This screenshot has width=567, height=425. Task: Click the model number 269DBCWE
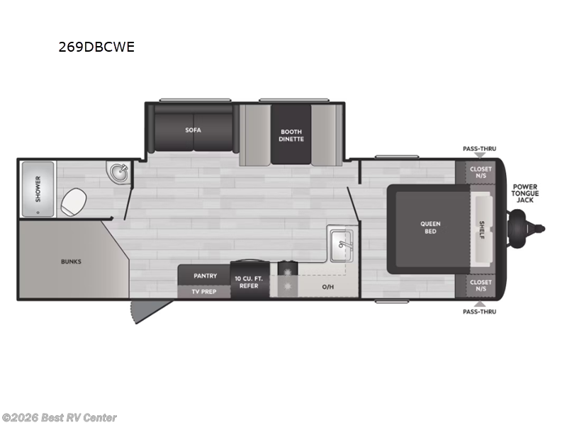click(x=96, y=48)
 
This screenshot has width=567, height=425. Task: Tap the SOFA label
click(x=193, y=130)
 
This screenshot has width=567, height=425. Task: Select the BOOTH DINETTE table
click(x=291, y=135)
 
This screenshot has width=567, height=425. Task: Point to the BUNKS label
click(x=71, y=261)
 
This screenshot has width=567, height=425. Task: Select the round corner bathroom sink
click(x=118, y=172)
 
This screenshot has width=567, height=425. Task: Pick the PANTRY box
click(x=203, y=275)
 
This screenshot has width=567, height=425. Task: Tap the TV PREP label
click(x=203, y=291)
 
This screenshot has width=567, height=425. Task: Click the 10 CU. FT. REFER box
click(x=249, y=282)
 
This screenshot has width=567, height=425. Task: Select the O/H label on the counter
click(x=327, y=287)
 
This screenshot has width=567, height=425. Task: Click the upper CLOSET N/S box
click(x=481, y=172)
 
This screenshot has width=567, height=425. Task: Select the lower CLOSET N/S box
click(x=481, y=285)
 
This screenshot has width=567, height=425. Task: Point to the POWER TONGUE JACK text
click(x=525, y=193)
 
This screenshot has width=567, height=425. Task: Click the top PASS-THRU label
click(x=479, y=149)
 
